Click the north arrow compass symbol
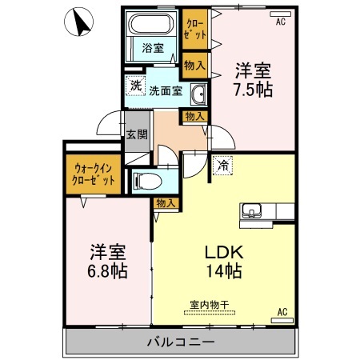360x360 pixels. [x=78, y=22]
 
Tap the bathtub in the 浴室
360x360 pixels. [x=151, y=24]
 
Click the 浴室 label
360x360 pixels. [x=153, y=48]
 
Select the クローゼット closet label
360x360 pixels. [x=196, y=29]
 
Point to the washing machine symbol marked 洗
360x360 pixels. [x=136, y=86]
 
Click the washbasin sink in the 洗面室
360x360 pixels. [x=198, y=94]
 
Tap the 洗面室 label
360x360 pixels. [x=166, y=91]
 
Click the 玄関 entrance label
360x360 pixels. [x=137, y=134]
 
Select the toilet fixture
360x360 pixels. [x=147, y=182]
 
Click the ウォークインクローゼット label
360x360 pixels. [x=94, y=174]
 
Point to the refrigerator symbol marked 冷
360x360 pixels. [x=222, y=166]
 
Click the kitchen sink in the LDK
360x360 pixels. [x=251, y=210]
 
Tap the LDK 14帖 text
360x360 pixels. [x=224, y=262]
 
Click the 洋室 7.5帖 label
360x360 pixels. [x=253, y=79]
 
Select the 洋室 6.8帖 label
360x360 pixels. [x=107, y=262]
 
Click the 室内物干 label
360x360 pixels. [x=210, y=305]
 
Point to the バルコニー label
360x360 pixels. [x=181, y=342]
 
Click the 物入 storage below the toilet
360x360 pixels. [x=166, y=203]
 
